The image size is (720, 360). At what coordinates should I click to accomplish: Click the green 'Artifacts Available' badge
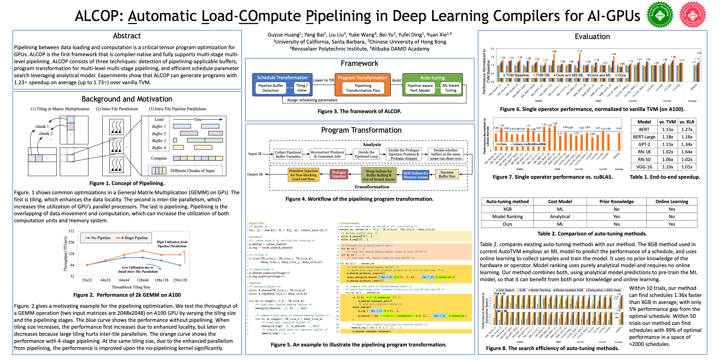[660, 15]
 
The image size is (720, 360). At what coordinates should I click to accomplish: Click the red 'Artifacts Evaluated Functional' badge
[693, 15]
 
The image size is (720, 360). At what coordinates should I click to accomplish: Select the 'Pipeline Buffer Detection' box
[271, 88]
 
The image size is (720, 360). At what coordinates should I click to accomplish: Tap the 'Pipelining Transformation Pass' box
[363, 88]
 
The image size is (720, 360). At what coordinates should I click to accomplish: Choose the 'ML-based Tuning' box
[451, 88]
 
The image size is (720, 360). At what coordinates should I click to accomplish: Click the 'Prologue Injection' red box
[339, 174]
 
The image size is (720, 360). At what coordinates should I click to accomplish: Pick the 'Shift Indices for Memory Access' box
[416, 175]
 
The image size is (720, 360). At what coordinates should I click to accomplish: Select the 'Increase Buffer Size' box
[447, 174]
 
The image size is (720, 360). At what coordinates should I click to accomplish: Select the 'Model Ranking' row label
[507, 217]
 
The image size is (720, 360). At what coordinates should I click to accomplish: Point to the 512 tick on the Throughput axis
[71, 231]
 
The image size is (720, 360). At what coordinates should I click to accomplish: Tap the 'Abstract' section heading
[127, 36]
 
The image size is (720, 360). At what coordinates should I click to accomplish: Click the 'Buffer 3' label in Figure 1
[159, 141]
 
